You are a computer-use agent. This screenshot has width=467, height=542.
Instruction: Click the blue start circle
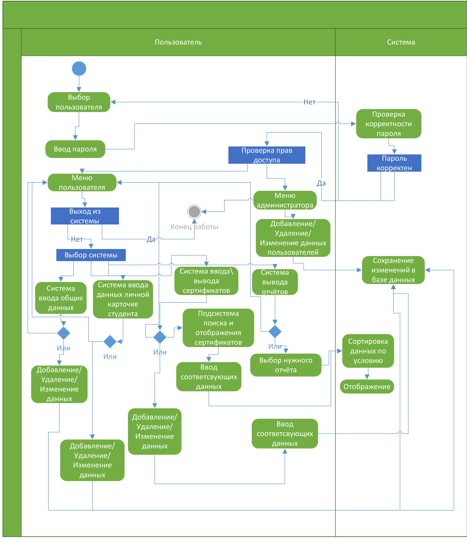point(79,69)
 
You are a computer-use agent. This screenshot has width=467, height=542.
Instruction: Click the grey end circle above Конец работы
point(194,211)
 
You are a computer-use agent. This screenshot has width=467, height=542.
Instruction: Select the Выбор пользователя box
point(79,102)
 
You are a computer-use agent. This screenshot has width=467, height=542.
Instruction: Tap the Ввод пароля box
point(75,149)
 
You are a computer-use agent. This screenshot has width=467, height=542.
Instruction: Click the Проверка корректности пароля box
point(389,124)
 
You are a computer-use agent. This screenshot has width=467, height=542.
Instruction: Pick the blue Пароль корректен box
point(394,163)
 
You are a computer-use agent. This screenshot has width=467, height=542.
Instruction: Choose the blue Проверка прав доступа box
point(267,155)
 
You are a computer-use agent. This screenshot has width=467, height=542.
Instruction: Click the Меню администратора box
point(285,200)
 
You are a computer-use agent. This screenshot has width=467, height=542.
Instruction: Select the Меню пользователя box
point(82,183)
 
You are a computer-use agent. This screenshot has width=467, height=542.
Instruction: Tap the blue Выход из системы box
point(85,216)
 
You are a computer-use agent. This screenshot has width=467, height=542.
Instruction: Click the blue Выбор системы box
point(91,255)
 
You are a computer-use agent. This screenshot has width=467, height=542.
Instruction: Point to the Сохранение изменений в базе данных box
point(393,270)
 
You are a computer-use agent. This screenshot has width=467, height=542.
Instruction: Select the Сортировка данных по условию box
point(368,351)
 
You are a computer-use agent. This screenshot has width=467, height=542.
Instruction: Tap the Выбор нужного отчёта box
point(286,365)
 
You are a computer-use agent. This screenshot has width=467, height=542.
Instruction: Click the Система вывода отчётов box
point(275,282)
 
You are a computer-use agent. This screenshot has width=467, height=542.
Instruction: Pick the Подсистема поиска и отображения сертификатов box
point(218,328)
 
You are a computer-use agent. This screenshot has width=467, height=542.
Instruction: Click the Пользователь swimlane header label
point(178,42)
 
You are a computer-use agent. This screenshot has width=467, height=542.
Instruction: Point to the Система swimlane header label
point(401,42)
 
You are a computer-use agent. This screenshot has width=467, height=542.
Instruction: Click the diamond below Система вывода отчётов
point(275,331)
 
